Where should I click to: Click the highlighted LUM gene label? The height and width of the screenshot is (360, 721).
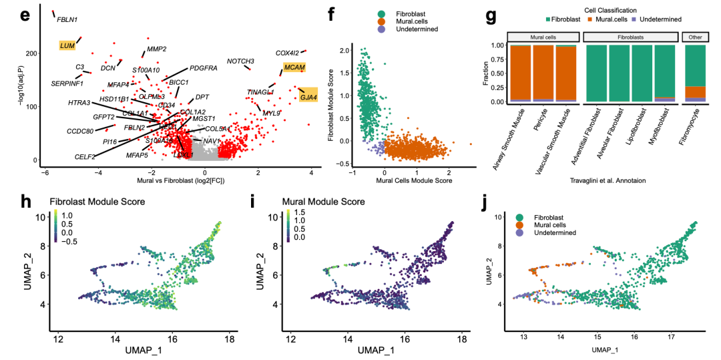[x=67, y=45]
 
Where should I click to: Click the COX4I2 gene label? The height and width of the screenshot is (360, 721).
[x=288, y=53]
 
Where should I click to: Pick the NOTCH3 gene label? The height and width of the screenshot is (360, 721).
[x=240, y=61]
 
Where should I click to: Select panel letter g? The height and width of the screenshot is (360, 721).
[x=491, y=16]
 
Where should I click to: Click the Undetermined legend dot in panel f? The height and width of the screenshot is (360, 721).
[x=381, y=29]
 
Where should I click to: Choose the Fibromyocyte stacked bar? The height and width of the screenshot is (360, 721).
[x=695, y=74]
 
